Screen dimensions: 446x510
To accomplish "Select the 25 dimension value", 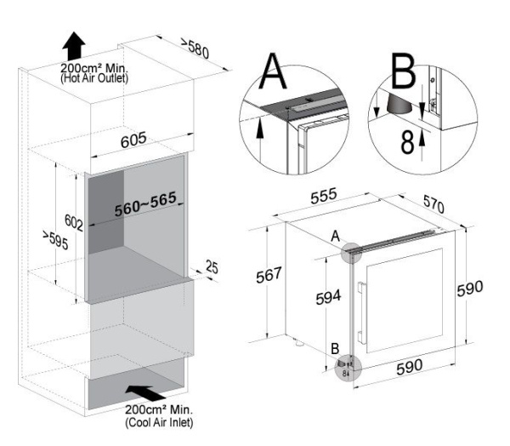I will [x=211, y=268].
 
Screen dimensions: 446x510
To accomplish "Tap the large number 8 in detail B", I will [x=408, y=141].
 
